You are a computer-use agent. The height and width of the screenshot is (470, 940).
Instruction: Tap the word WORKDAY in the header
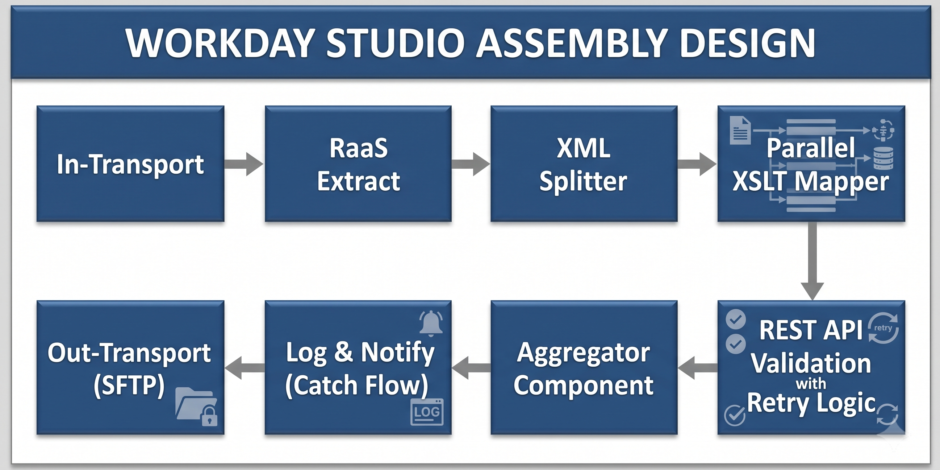point(220,43)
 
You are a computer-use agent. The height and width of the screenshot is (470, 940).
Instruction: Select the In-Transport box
point(130,164)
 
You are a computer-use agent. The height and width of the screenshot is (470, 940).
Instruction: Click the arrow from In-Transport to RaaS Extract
point(244,164)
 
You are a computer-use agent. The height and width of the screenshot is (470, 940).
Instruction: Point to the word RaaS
point(358,148)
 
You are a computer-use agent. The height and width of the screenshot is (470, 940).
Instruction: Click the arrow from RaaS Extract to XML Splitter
point(471,164)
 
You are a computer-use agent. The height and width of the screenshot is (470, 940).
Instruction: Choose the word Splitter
point(584,181)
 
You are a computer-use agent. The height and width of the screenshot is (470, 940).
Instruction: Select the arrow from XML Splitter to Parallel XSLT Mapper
point(697,164)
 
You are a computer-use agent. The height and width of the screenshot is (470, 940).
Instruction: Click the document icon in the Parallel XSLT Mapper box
point(740,130)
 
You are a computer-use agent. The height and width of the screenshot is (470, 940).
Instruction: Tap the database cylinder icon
point(883,158)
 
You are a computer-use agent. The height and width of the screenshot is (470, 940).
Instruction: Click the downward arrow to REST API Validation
point(812,261)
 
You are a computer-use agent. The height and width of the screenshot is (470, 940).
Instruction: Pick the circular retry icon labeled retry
point(883,328)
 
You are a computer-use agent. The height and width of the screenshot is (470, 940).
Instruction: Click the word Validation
point(811,363)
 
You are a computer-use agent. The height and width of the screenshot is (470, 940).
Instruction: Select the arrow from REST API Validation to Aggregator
point(697,368)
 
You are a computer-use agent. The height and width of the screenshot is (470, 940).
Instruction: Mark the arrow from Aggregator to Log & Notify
point(471,368)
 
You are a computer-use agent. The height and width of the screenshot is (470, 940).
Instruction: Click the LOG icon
point(427,412)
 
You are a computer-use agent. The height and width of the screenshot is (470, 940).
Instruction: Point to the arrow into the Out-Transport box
point(245,368)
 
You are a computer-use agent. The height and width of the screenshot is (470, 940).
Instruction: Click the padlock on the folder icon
point(209,416)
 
